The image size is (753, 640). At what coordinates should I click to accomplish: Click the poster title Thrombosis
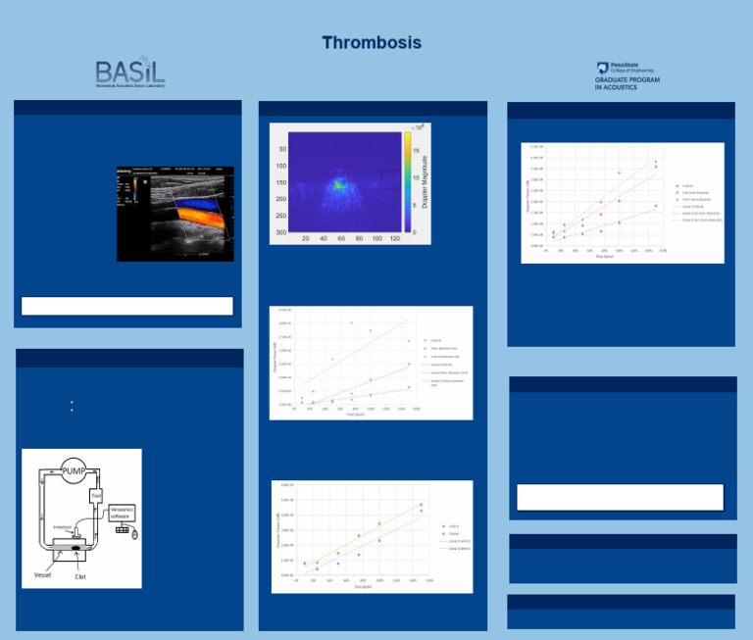point(372,43)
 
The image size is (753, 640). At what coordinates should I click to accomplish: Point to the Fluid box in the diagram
point(97,497)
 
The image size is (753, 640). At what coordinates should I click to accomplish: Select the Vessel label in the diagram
point(45,574)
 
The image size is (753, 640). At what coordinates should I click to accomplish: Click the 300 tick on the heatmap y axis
point(281,232)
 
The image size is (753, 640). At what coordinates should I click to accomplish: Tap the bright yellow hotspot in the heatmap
point(338,182)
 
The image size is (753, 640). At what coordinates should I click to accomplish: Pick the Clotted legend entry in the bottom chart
point(453,533)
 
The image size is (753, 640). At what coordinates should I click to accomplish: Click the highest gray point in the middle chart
point(351,322)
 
